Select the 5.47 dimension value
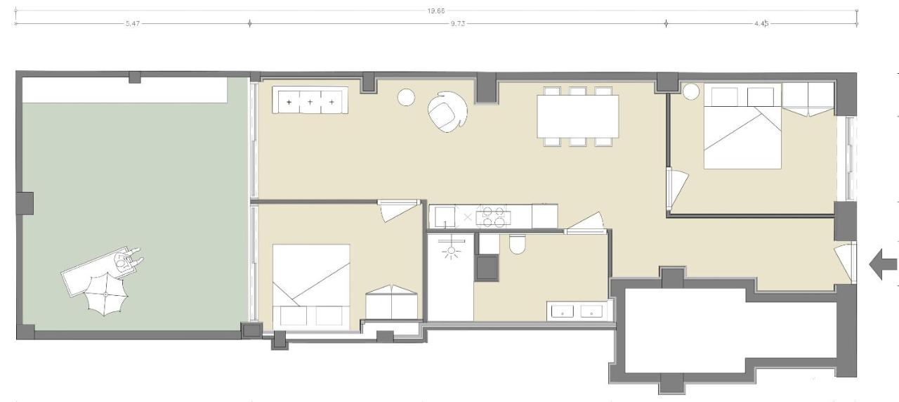(131, 23)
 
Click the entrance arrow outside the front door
(884, 264)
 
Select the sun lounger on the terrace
(98, 271)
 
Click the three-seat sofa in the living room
(310, 101)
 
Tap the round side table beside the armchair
(407, 98)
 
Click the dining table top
(577, 116)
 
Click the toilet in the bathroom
(517, 244)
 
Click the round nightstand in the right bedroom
(693, 91)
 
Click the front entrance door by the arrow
(844, 260)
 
